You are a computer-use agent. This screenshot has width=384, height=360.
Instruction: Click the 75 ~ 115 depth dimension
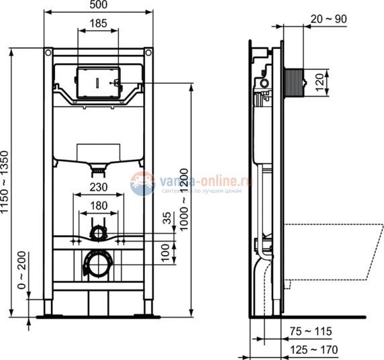[315, 331]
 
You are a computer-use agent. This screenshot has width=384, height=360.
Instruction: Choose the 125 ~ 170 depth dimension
[316, 350]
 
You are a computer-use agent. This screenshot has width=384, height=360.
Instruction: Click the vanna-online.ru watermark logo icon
[142, 183]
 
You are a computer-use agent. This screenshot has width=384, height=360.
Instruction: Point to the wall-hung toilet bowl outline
[336, 249]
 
